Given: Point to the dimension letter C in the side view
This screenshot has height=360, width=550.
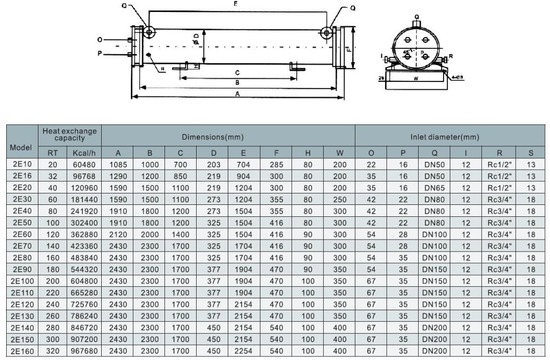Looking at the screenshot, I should pos(237,72).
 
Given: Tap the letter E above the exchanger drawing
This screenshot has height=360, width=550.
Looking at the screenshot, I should pos(237,4).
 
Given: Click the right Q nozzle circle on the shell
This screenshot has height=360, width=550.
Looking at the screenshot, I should pos(326,33).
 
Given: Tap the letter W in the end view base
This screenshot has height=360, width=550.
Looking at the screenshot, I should pos(416,80).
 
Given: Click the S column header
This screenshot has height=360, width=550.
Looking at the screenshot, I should pos(530,153).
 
